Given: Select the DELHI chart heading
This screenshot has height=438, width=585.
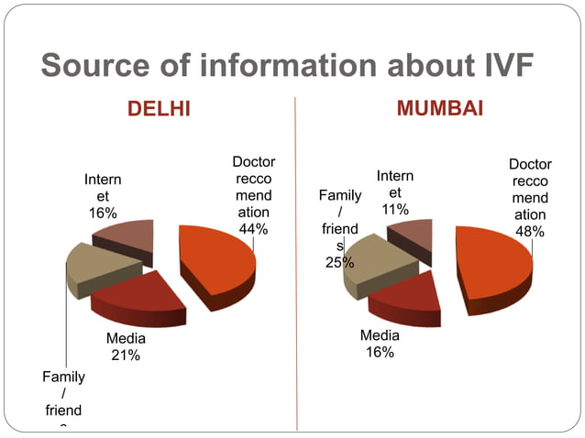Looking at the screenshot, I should click(159, 110).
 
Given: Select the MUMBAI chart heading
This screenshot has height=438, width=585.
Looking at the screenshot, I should click(439, 109).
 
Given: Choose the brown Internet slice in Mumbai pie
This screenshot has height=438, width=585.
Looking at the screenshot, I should click(411, 235).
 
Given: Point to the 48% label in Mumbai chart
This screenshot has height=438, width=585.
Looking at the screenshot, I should click(529, 232).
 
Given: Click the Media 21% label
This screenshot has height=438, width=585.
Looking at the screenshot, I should click(126, 346).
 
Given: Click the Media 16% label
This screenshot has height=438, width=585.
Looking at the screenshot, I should click(380, 344).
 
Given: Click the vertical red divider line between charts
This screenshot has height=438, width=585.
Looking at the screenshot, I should click(295, 275).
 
